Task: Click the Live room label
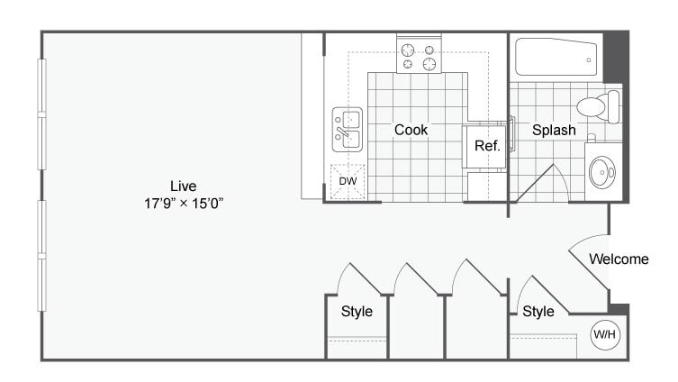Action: [x=184, y=186]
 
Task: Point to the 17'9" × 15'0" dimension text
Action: [x=184, y=203]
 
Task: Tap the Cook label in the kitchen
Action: [x=411, y=130]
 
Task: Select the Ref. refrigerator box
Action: [x=484, y=147]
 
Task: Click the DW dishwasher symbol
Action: [x=348, y=181]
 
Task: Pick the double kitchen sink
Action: [x=348, y=130]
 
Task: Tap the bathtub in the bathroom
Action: [x=556, y=57]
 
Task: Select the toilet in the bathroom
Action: [x=599, y=107]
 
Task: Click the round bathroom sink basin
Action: [x=602, y=172]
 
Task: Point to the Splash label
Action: [x=554, y=130]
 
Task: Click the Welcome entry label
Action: [x=619, y=259]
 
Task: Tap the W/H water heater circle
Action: [x=605, y=334]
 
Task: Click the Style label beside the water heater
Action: [x=538, y=311]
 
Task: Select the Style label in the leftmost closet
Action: [x=357, y=311]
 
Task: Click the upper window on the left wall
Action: [x=42, y=114]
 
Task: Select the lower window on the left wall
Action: [x=42, y=256]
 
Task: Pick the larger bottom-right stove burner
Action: [x=429, y=64]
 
